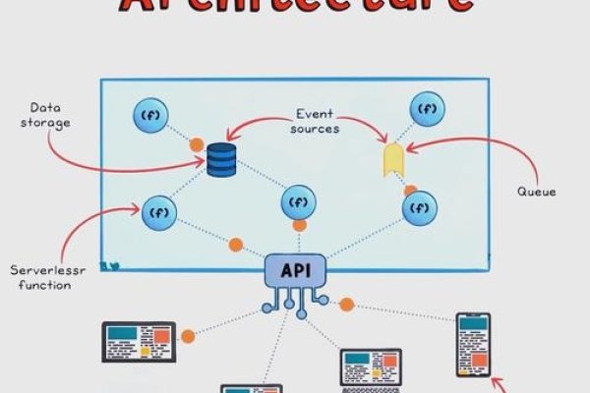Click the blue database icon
tap(221, 159)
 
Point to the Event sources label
tap(315, 121)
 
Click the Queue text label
tap(536, 192)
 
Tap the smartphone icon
tap(473, 344)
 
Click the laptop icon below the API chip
tap(370, 367)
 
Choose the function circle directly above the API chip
tap(298, 202)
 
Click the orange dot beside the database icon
tap(197, 143)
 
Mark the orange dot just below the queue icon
tap(410, 191)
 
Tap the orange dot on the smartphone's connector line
tap(346, 305)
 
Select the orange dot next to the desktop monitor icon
tap(188, 336)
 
